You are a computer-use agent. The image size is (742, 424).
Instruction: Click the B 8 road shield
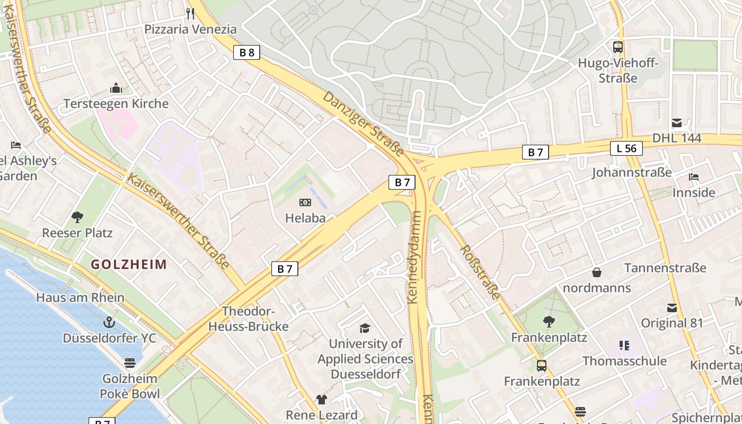tap(246, 52)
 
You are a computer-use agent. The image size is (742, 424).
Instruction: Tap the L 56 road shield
tap(626, 148)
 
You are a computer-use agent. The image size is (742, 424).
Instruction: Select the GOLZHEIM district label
tap(129, 264)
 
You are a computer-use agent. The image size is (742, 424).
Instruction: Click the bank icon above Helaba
tap(305, 202)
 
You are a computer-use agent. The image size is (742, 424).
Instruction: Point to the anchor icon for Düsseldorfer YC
tap(109, 322)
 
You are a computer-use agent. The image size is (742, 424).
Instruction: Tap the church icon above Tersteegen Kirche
tap(116, 88)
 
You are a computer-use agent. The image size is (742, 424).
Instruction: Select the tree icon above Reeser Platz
tap(77, 216)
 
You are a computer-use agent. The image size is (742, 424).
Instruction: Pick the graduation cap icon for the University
tap(365, 328)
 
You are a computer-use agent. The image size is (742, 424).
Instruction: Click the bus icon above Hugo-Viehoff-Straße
tap(618, 47)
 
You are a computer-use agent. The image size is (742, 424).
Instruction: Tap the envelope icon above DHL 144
tap(677, 123)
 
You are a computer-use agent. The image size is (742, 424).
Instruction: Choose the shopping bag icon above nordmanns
tap(597, 272)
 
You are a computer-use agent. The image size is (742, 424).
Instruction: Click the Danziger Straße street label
tap(363, 124)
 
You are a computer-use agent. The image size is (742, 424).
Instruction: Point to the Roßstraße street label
tap(480, 272)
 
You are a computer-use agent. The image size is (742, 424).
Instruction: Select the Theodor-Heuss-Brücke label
tap(248, 319)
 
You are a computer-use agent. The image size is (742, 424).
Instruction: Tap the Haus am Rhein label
tap(80, 297)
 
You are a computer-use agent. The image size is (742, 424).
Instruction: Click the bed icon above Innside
tap(693, 176)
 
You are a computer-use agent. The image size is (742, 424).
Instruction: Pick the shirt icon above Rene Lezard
tap(322, 399)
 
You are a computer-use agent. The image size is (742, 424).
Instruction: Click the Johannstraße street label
tap(632, 172)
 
